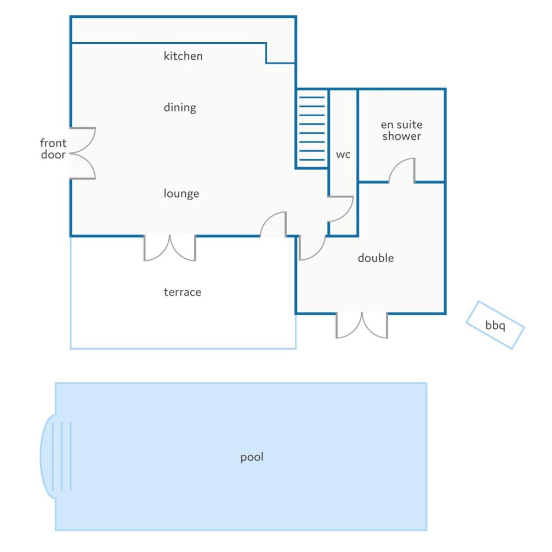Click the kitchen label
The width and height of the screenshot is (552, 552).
[183, 56]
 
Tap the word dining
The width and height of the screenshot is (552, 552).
[180, 107]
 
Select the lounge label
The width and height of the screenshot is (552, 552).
[181, 194]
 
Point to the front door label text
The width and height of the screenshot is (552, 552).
[53, 149]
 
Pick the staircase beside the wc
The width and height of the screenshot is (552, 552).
[312, 128]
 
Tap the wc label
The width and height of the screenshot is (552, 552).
[343, 155]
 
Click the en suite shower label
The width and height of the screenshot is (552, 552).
[402, 130]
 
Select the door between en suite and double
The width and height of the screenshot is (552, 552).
[402, 171]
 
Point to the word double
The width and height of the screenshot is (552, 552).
[375, 258]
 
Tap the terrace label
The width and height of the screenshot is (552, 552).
[183, 292]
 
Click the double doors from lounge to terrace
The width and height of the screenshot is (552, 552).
[170, 248]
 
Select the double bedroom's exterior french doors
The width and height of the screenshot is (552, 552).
[362, 325]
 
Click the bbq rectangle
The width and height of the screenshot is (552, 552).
[496, 325]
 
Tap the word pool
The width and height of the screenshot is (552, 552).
[252, 457]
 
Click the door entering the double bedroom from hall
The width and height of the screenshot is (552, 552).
[312, 248]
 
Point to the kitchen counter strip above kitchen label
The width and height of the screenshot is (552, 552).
[183, 30]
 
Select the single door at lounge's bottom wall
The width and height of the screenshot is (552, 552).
[273, 225]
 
